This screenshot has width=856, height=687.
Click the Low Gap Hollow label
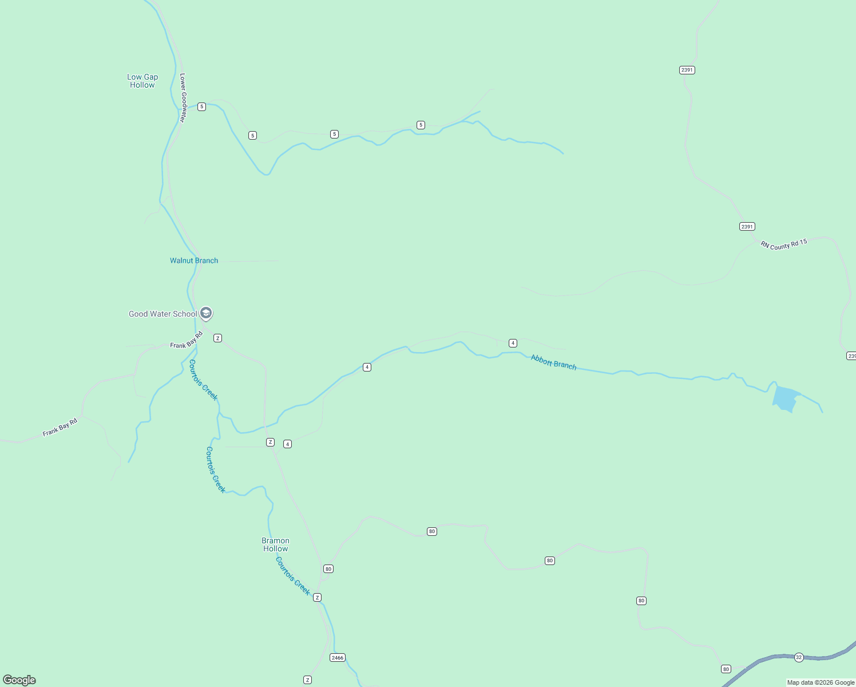[142, 81]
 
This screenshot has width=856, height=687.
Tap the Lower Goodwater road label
[183, 97]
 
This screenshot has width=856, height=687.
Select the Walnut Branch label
[194, 260]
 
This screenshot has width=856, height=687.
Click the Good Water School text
[163, 314]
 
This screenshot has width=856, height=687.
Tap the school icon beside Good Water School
[206, 313]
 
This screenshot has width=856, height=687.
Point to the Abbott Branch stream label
[553, 362]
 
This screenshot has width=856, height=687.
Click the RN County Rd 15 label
[783, 244]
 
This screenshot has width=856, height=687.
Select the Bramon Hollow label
[275, 544]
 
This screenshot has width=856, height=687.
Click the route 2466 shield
[338, 658]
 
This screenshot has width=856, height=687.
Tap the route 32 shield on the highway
[799, 657]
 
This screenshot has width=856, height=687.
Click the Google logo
[19, 680]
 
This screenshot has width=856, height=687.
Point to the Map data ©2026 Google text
[821, 682]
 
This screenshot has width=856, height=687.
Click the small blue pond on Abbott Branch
[786, 398]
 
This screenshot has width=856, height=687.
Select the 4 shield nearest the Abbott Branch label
[513, 343]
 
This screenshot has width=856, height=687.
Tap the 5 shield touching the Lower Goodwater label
[201, 106]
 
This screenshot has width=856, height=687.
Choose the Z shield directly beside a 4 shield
[270, 442]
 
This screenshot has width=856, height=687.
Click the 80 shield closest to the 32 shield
[726, 669]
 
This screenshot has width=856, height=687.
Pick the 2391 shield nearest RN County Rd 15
[747, 226]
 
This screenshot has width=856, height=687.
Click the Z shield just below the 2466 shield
[307, 680]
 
